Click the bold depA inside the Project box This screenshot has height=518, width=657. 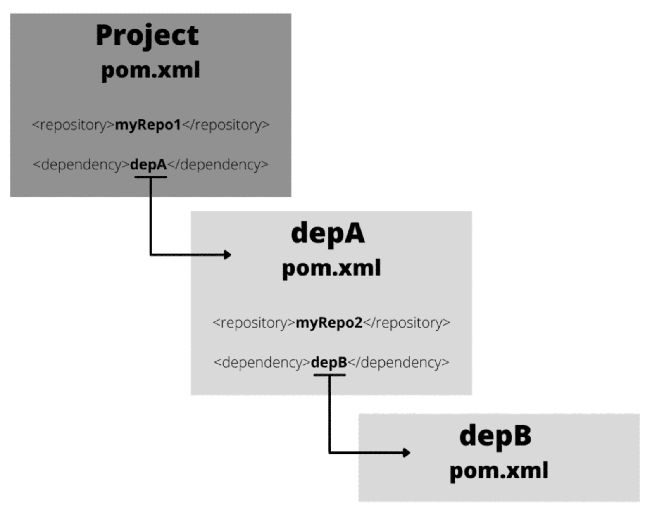click(x=148, y=165)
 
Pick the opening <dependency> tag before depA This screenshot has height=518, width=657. click(x=81, y=165)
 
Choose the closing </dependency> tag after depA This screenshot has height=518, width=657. click(x=218, y=165)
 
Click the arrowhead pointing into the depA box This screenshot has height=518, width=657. click(x=227, y=254)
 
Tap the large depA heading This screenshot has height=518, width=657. click(x=328, y=233)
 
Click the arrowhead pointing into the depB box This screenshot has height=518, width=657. click(x=407, y=453)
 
